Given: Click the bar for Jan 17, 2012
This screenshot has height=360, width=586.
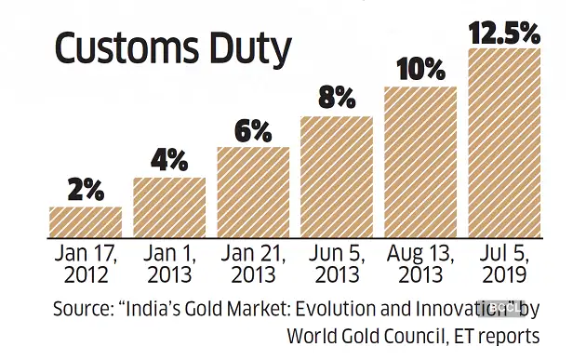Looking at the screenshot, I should [86, 220].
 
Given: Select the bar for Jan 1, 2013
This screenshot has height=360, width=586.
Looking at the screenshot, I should [169, 206].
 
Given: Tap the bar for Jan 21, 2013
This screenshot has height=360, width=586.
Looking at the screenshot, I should [253, 191].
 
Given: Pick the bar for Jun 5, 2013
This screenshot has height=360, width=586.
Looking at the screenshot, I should [337, 176].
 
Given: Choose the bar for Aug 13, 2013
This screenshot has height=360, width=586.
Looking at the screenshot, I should [420, 161].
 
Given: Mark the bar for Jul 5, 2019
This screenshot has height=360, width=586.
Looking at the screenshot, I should [504, 141].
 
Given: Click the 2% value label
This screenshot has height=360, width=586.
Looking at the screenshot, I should [86, 190].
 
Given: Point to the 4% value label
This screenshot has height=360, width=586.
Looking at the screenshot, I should [169, 160].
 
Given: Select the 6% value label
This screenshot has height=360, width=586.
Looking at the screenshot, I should [253, 130].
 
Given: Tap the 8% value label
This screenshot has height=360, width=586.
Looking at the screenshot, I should [337, 100].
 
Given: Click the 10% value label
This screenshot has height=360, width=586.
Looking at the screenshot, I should [420, 70].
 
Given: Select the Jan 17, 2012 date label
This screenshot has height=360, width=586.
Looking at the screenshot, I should [86, 264].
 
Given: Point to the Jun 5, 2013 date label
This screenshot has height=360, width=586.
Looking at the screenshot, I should [337, 264].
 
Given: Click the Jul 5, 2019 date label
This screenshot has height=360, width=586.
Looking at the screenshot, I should [504, 264].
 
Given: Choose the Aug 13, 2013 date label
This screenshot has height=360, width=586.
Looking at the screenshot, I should [420, 264].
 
